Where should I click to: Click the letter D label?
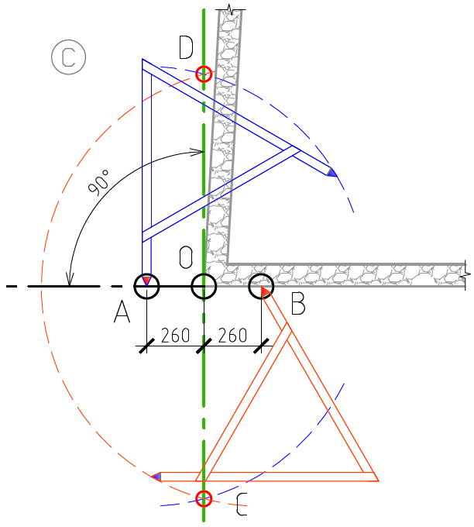(186, 47)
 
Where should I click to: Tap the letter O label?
(186, 257)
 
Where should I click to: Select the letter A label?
(122, 312)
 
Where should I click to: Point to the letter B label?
(298, 304)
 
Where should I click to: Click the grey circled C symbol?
(68, 57)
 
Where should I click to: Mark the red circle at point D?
(204, 74)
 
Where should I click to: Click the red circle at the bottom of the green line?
(204, 498)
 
